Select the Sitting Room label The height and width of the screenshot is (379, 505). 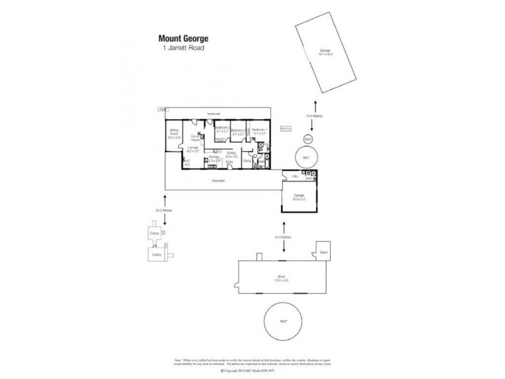coord(174,133)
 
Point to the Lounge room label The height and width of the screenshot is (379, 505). coord(192,149)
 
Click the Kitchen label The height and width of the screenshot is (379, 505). coord(214,159)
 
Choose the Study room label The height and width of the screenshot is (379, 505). coord(247,161)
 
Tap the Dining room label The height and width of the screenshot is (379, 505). coord(232,153)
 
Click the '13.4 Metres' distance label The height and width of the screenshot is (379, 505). coord(309,116)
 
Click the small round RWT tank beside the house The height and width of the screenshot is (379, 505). coord(307,138)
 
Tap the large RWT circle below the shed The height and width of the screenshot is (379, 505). coord(283,322)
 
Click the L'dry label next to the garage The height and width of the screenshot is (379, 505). coord(294,176)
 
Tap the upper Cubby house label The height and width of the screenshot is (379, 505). coord(153,232)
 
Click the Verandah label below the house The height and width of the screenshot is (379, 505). coord(218,181)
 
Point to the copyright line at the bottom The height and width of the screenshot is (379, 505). coord(252,371)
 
